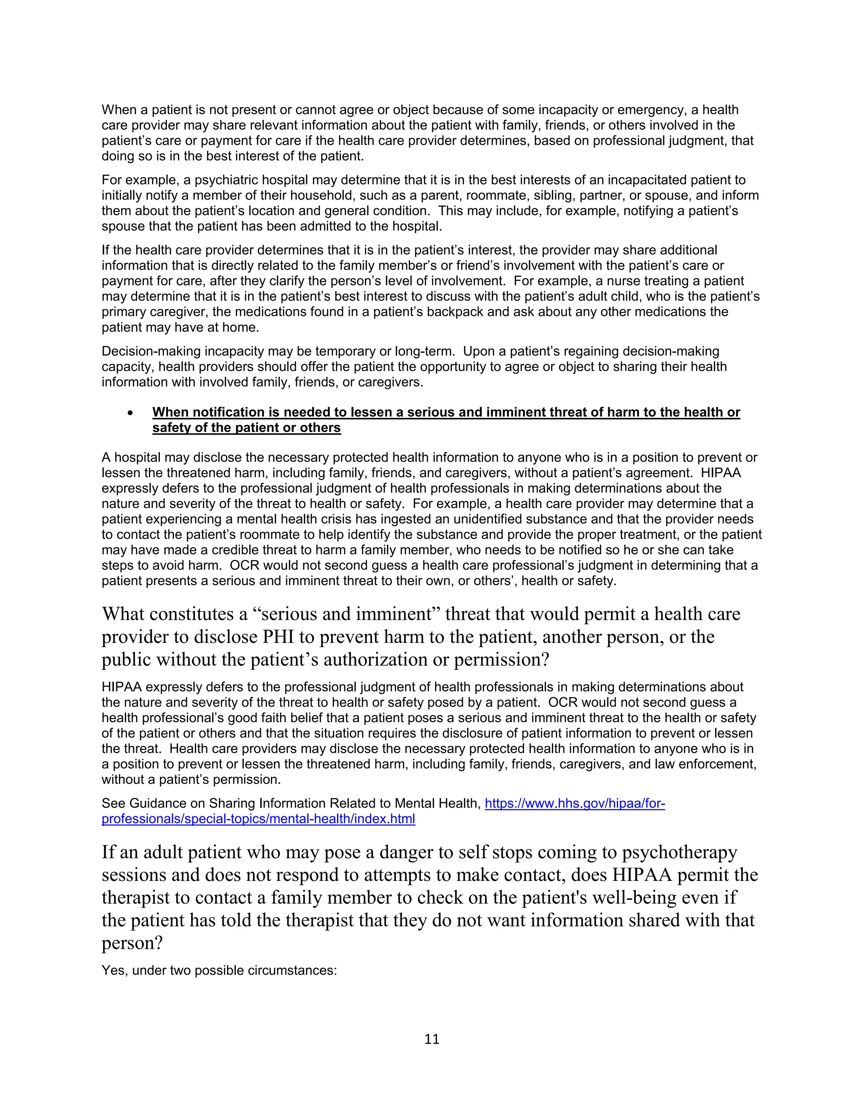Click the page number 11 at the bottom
[432, 1039]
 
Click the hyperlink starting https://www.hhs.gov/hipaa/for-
[574, 803]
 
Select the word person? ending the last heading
[132, 942]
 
